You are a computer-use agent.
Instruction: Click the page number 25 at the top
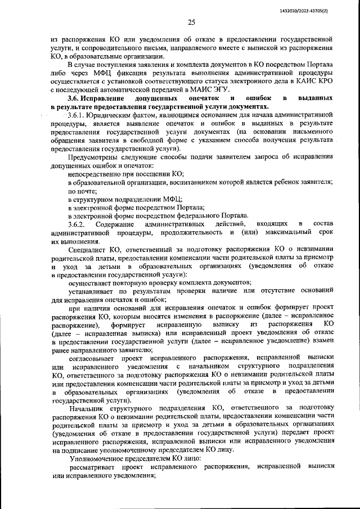191,22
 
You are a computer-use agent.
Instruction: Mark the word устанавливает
92,291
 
